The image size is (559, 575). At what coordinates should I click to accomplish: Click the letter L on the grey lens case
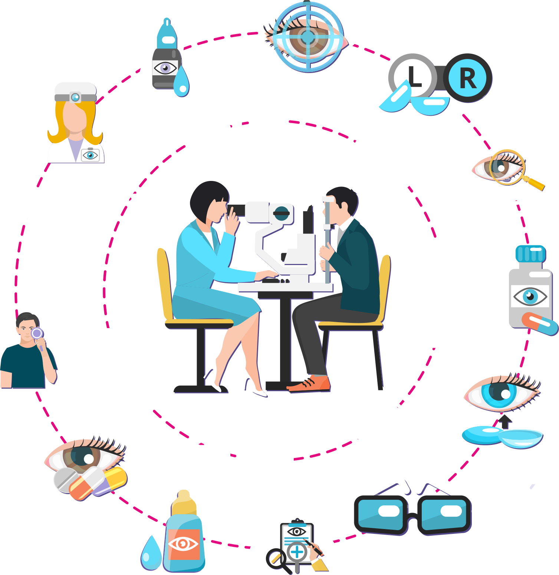[415, 77]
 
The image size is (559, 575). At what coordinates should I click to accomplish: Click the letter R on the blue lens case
[468, 78]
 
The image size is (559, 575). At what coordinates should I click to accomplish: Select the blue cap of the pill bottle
[530, 254]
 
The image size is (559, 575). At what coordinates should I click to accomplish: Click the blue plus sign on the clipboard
[297, 552]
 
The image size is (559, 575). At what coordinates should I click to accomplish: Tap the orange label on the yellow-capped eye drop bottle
[184, 544]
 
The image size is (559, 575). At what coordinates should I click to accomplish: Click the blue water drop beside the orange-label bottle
[151, 553]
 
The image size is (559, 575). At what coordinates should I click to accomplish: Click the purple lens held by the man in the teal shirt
[37, 333]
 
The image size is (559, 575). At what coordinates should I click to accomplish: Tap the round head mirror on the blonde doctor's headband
[75, 98]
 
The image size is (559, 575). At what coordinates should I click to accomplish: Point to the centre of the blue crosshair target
[308, 37]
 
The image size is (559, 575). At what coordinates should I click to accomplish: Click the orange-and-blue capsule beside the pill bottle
[540, 324]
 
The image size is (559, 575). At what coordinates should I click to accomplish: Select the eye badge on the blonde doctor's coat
[90, 155]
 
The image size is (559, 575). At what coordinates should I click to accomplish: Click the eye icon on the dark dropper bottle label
[165, 68]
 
